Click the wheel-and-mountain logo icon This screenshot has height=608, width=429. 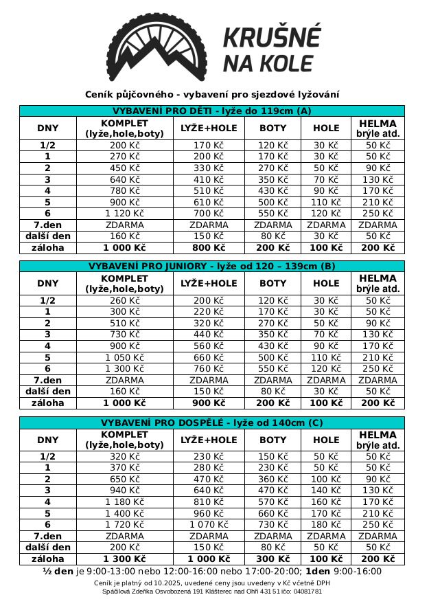coord(156,46)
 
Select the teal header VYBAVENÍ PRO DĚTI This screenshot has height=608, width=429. coord(211,111)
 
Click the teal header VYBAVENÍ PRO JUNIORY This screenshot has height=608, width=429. coord(211,266)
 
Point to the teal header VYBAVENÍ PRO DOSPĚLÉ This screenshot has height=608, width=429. coord(211,423)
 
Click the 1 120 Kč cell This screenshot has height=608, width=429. coord(124,214)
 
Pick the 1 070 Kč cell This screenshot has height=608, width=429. coord(209,525)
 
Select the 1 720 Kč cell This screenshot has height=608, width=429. coord(124,525)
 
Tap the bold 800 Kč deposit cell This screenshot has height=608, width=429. coord(209,247)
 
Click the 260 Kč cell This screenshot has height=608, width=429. coord(124,300)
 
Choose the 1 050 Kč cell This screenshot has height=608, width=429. coord(124,357)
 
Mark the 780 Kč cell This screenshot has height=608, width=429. coord(124,191)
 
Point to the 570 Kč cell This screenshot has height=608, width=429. coord(273,502)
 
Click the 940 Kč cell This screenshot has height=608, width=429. coord(124,491)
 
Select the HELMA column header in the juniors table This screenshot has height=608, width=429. coord(378,283)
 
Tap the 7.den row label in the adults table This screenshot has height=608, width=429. coord(47,537)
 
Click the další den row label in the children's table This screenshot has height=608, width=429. coord(47,236)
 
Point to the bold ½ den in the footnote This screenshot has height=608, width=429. coord(58,571)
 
